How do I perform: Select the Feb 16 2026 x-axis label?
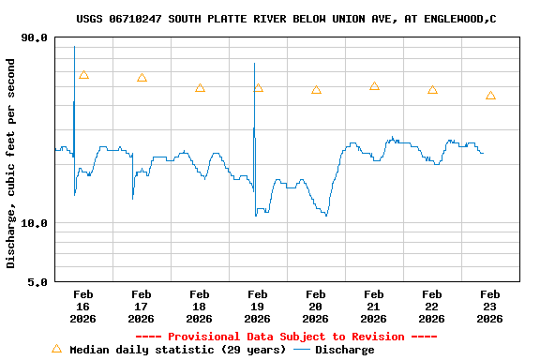(x=83, y=307)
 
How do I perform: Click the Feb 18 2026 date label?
(x=200, y=307)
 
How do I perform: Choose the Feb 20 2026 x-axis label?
(x=316, y=307)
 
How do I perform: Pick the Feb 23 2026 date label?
(x=490, y=307)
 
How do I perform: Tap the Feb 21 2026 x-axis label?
(x=374, y=307)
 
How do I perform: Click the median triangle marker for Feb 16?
(x=83, y=75)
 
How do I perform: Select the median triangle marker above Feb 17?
(x=142, y=78)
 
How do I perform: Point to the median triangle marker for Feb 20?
(x=316, y=90)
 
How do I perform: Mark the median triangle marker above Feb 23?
(x=490, y=96)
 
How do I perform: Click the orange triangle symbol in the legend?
(x=56, y=349)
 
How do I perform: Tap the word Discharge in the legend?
(x=344, y=350)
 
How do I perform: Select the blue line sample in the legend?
(x=302, y=350)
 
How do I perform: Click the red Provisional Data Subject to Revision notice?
(x=286, y=337)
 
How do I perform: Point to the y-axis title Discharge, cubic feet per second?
(x=11, y=163)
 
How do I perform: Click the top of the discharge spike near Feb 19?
(x=254, y=64)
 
